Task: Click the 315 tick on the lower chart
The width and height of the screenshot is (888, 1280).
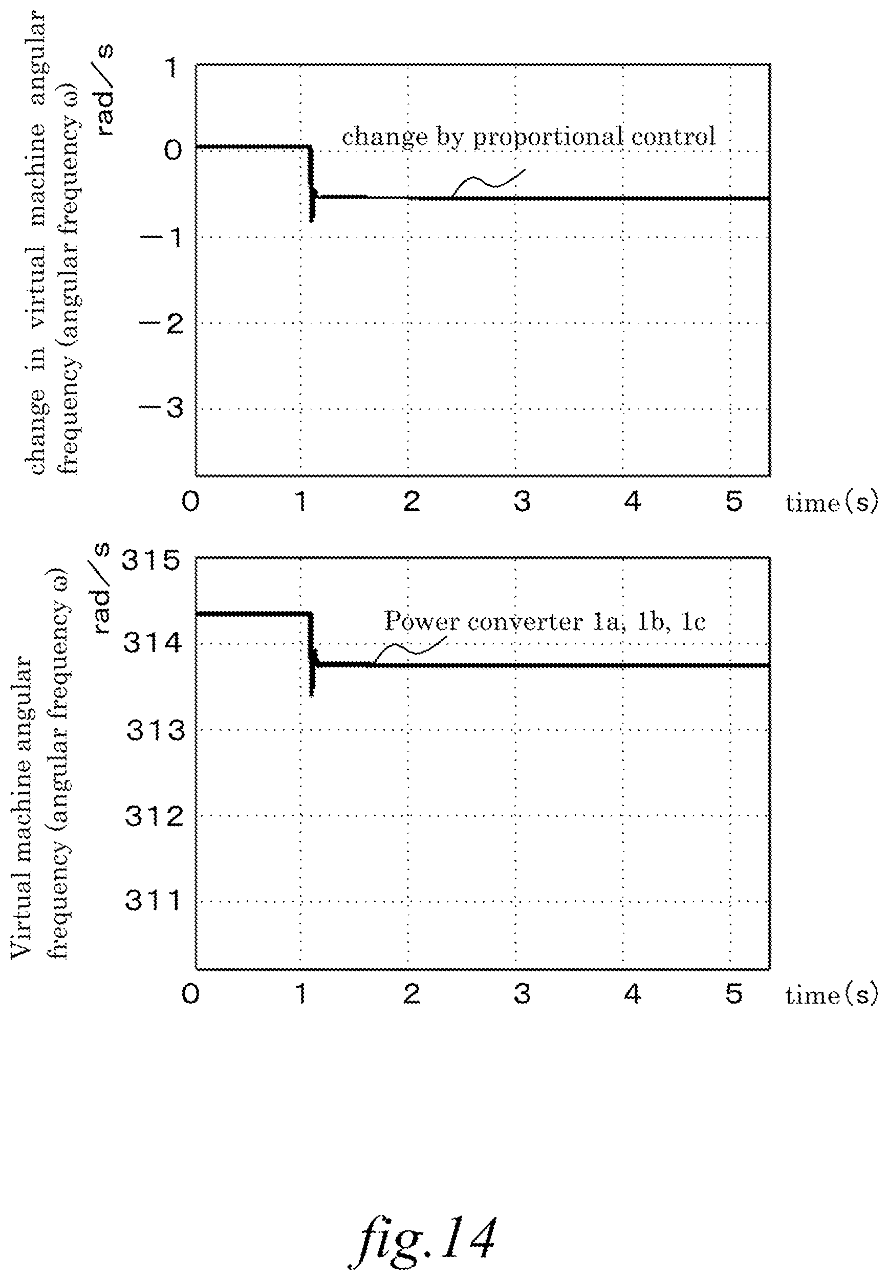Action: [x=151, y=560]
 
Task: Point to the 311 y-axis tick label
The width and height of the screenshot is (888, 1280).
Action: [x=153, y=900]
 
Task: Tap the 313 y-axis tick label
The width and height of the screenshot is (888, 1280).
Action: [x=155, y=730]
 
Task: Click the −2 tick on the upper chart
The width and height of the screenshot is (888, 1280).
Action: [x=161, y=323]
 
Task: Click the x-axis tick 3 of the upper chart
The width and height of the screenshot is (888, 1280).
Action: [x=522, y=501]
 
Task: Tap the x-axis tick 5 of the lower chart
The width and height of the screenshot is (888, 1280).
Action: [x=734, y=993]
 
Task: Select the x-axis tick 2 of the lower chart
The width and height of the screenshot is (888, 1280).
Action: [x=411, y=993]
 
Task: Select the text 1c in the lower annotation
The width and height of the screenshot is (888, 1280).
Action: [x=694, y=621]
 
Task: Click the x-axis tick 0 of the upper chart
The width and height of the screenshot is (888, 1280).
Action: [x=190, y=501]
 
